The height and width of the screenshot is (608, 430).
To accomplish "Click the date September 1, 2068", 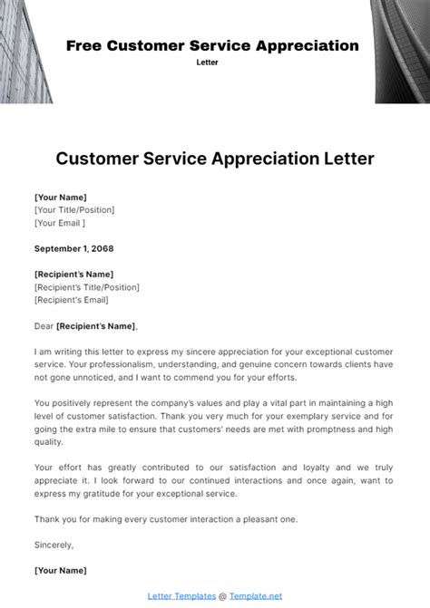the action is coord(74,247).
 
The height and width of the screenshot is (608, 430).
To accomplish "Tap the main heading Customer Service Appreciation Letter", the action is coord(215,159).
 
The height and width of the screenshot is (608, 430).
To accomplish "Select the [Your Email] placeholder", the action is coord(60,222).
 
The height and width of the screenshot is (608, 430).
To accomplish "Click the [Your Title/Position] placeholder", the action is coord(74,209).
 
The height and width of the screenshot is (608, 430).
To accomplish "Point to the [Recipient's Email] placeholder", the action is coord(71,300).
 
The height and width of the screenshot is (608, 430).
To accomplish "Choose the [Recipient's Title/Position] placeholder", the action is coord(87,287).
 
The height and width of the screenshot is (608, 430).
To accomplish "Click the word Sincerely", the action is coord(54,545).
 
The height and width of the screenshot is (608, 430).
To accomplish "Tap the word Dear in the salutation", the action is coord(44,325).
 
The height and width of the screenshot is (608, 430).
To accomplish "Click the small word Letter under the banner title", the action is coord(208,63).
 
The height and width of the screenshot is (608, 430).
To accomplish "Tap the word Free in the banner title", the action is coord(84,45).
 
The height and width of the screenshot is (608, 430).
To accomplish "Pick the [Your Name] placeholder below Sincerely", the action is coord(61,570).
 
